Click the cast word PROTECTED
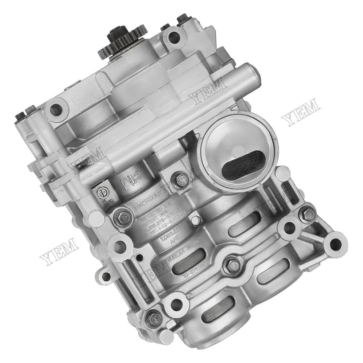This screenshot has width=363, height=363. click(154, 211)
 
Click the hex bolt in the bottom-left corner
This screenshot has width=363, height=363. click(151, 318)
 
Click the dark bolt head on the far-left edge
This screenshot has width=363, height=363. click(20, 117)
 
